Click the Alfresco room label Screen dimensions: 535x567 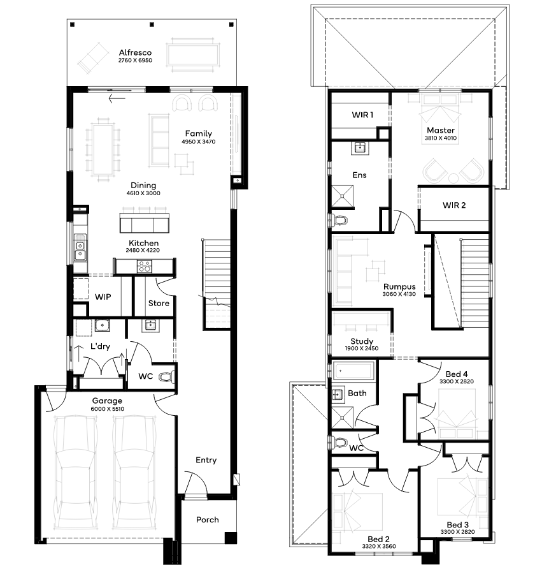136,52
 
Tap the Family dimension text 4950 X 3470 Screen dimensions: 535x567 199,142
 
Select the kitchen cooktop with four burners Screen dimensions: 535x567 145,267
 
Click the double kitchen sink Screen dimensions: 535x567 80,247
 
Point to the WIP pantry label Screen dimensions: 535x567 103,297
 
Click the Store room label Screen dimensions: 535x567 159,303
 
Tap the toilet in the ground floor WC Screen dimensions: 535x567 166,377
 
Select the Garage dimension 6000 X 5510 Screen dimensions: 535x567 108,409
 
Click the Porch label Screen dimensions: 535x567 208,520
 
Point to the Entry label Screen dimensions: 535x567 206,460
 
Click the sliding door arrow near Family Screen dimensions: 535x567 117,98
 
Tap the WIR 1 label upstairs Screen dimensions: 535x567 363,115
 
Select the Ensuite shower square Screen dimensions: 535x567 343,196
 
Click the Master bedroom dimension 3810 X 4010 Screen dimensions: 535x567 441,138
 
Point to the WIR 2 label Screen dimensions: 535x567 454,205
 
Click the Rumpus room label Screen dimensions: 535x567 399,287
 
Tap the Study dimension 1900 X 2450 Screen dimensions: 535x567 362,349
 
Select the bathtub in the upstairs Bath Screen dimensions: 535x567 353,371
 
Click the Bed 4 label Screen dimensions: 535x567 457,374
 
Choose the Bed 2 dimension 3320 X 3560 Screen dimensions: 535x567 379,547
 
